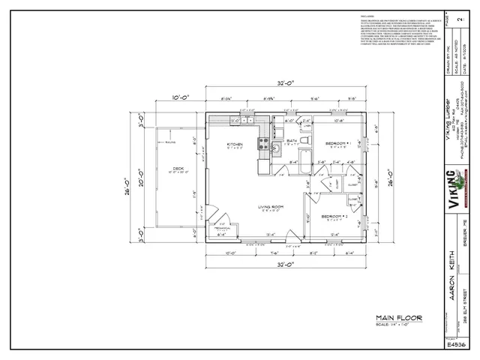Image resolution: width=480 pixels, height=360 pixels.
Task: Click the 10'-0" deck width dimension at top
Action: coord(179,97)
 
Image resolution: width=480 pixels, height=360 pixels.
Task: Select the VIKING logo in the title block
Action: coord(451,191)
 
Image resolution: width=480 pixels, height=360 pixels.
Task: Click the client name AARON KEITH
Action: coord(451,274)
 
